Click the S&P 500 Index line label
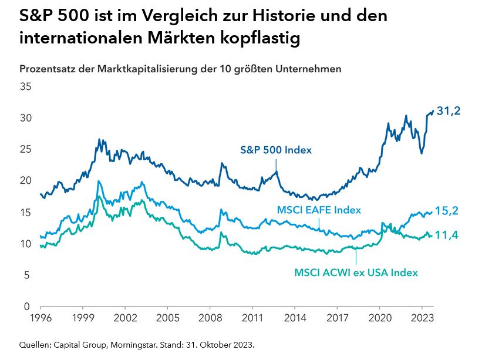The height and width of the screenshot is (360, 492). pyautogui.click(x=276, y=150)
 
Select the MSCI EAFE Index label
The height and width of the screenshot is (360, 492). pyautogui.click(x=318, y=210)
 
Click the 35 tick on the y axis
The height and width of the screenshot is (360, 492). pyautogui.click(x=26, y=86)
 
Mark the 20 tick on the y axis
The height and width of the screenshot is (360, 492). pyautogui.click(x=26, y=181)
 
